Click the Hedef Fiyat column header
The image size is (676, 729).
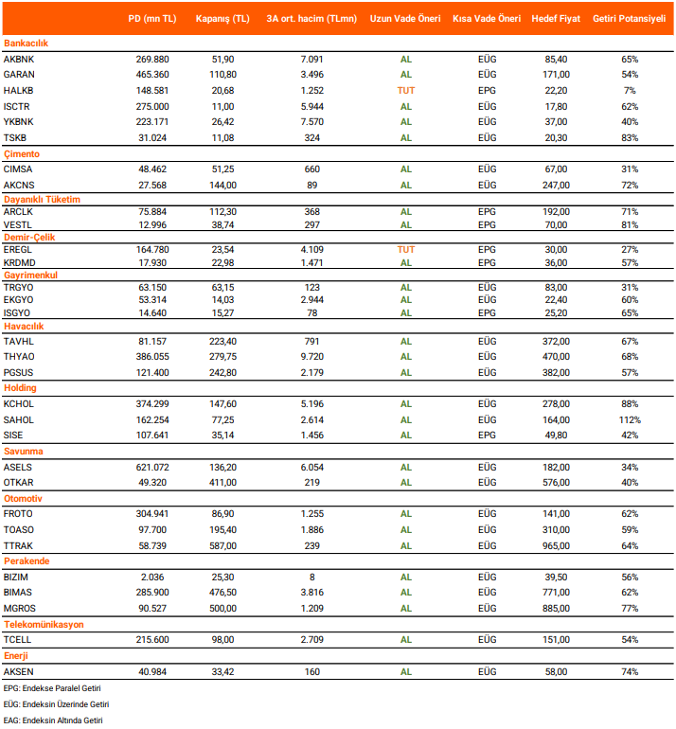556,19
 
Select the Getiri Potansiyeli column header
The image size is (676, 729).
630,19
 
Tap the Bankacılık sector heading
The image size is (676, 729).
26,44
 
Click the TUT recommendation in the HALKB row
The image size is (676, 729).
406,91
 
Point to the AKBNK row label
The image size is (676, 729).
19,59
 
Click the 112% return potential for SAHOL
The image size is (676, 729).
630,419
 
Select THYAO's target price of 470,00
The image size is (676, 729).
556,357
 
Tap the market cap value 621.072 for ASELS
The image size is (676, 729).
152,466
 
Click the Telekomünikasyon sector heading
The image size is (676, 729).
44,625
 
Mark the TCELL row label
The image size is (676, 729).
17,640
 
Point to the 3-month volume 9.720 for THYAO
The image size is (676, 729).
310,357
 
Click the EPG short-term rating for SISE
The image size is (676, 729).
487,436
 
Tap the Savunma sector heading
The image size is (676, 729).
23,452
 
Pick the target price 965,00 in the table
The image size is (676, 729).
556,544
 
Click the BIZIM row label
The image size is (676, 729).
16,577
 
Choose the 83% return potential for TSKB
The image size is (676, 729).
630,138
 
